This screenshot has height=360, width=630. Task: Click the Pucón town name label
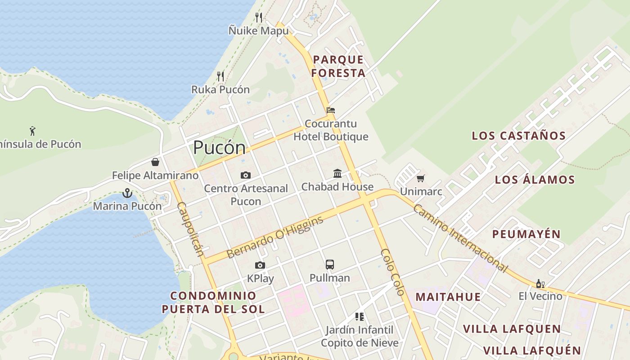coord(220,148)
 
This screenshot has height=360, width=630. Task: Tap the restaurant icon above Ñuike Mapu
coord(259,18)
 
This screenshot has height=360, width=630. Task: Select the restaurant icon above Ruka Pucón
coord(220,76)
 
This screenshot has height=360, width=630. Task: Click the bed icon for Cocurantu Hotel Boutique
coord(331,110)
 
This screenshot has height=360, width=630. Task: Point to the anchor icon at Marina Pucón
coord(127,193)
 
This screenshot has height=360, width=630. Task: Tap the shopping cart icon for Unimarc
coord(421,178)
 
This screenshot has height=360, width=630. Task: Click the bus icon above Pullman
coord(330,265)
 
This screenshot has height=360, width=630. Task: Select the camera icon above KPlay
coord(260,265)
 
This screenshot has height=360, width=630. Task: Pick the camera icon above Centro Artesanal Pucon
coord(245,175)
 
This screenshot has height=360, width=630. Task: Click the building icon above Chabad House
coord(337,173)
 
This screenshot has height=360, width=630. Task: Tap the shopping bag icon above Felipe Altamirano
coord(155,162)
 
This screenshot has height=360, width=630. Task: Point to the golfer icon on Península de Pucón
coord(32,131)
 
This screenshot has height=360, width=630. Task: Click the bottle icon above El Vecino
coord(540,283)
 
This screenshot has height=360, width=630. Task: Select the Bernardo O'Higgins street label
coord(275,237)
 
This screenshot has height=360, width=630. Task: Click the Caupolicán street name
coord(191,229)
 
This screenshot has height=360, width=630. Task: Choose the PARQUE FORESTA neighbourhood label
coord(338,66)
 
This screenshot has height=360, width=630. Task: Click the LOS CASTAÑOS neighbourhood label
coord(518,135)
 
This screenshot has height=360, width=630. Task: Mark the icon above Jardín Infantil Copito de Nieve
coord(359,317)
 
